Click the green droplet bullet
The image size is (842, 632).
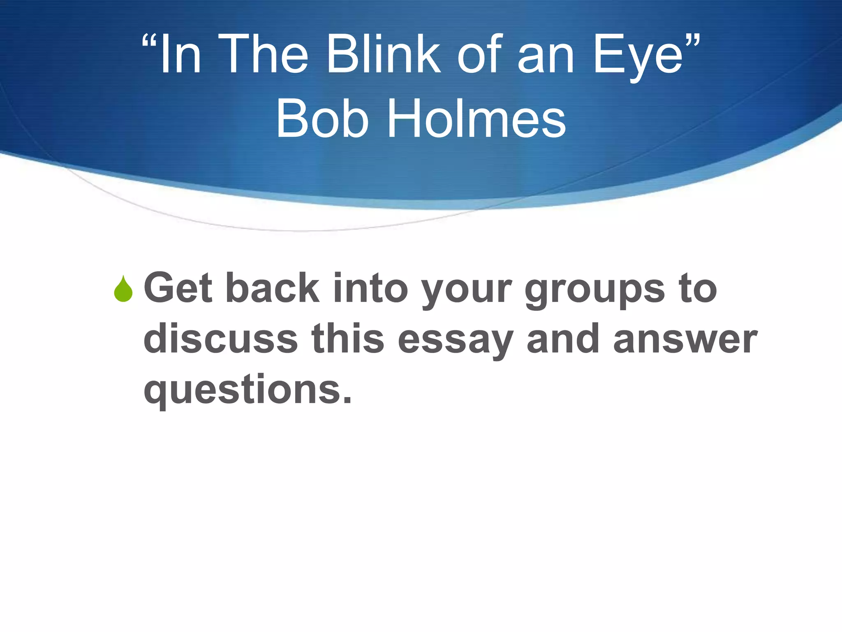(123, 289)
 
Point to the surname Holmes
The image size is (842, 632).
(477, 119)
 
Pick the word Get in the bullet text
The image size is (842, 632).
(178, 288)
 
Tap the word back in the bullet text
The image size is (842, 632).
(273, 288)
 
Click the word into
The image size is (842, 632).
(370, 288)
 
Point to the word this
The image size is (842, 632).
(348, 339)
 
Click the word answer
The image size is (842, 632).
(685, 341)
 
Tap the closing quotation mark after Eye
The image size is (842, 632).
(693, 42)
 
